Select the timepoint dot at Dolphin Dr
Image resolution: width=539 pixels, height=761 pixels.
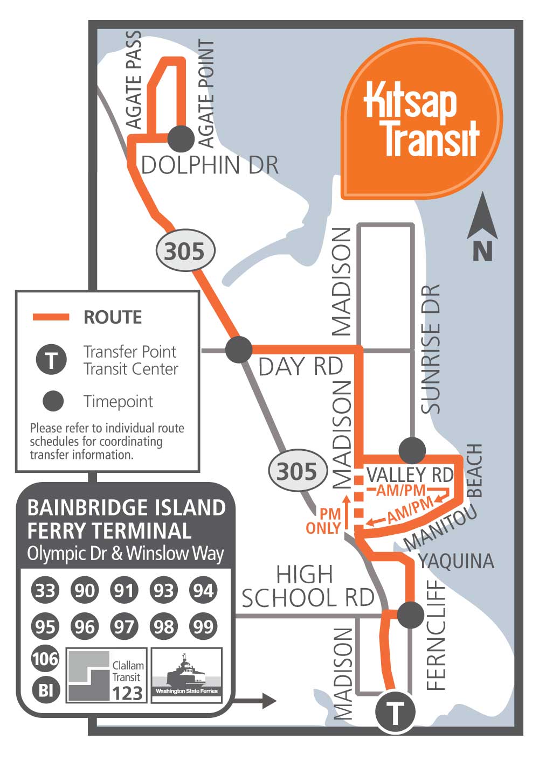181,139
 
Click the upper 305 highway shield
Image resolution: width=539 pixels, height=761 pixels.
185,251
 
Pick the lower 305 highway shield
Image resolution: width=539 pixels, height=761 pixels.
298,471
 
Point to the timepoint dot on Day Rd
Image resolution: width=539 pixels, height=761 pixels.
239,349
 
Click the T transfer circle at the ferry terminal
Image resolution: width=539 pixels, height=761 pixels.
396,713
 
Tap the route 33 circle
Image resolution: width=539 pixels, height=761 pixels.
45,590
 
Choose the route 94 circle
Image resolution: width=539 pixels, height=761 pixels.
203,590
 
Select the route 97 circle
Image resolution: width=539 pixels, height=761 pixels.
124,626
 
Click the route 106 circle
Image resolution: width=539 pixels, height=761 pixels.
45,658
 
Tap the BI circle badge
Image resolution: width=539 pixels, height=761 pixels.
45,689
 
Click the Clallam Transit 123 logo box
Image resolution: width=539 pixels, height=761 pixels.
107,675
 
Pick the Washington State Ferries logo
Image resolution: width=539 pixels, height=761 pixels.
187,675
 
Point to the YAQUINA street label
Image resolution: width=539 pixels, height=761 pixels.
456,561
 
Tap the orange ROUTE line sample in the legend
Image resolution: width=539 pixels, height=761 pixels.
51,317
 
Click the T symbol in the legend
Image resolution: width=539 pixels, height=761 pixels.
51,360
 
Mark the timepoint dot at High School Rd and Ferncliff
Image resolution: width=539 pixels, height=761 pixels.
411,615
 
